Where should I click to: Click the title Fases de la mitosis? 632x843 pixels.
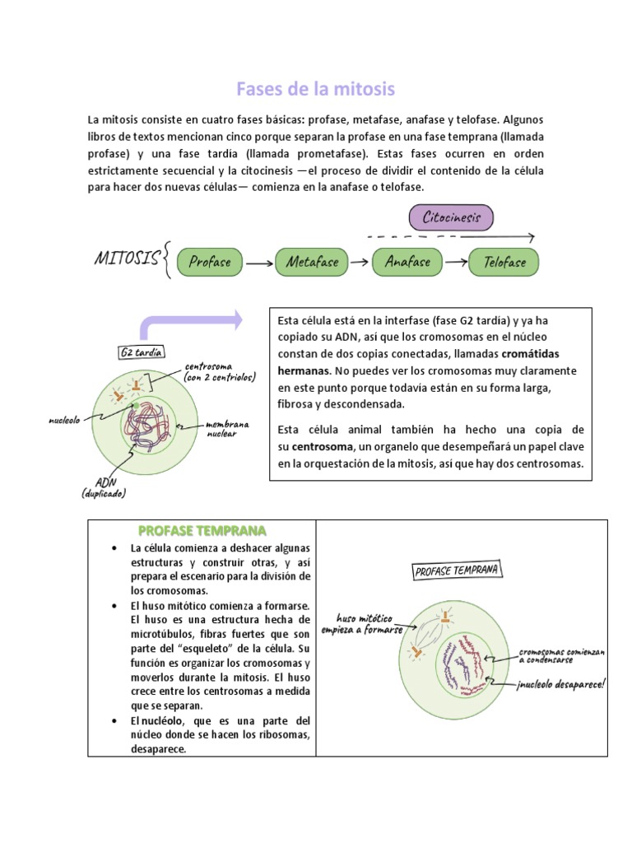316,88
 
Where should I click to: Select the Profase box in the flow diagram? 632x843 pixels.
210,263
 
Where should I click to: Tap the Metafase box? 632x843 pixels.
312,263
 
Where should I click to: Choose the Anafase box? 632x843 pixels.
407,263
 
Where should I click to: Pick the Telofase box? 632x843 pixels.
504,263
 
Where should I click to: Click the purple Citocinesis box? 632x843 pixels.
451,218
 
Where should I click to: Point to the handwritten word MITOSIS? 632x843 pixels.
127,259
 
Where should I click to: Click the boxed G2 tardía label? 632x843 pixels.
142,352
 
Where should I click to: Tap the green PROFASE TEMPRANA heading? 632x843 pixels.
202,530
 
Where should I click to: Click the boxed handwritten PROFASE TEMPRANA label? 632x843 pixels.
456,571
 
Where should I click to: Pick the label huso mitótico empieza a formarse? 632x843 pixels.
368,623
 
